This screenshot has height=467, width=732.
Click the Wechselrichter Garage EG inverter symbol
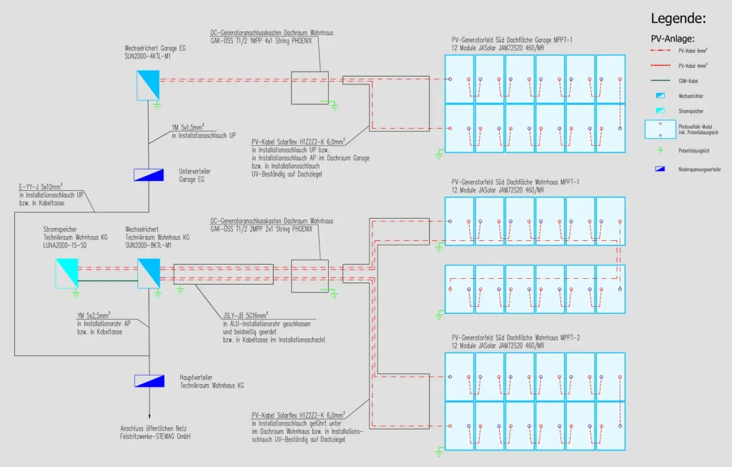click(149, 84)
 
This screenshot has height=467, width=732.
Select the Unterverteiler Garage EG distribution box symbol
click(149, 174)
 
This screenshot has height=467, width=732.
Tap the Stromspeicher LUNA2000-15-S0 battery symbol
click(69, 272)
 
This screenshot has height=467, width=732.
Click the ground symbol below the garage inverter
click(157, 104)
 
